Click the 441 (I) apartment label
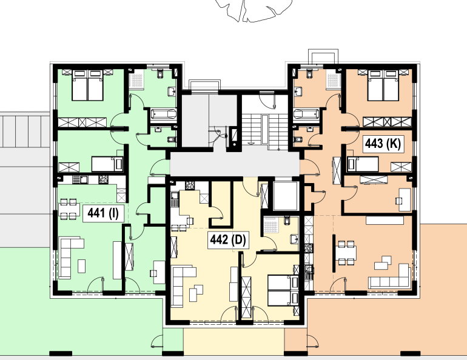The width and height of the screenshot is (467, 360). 103,213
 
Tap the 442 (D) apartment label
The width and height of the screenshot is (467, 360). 228,240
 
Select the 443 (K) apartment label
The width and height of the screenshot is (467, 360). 383,144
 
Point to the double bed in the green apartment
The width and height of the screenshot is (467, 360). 87,85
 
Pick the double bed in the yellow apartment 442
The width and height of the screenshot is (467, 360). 283,290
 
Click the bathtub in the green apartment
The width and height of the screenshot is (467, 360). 164,114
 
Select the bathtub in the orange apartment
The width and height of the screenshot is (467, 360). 306,114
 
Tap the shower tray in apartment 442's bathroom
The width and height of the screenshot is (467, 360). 270,225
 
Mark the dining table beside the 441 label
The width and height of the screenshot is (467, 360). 69,210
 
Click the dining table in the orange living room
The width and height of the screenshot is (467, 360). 346,253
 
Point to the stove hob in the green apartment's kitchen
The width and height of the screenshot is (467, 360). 103,179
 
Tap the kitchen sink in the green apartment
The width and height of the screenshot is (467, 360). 80,179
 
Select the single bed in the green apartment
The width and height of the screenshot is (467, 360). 107,164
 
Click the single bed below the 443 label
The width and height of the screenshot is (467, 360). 363,164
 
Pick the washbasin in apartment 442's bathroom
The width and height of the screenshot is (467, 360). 294,239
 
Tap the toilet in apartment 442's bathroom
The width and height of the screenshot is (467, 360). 287,221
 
